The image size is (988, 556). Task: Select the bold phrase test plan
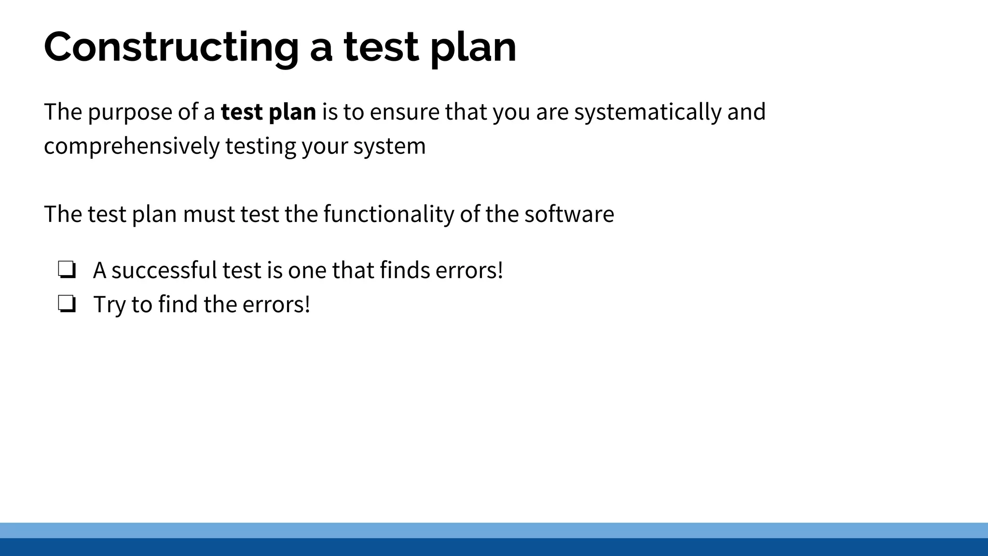coord(268,112)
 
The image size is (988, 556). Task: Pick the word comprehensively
coord(132,146)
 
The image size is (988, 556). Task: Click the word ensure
coord(404,112)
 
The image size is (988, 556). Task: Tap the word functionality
coord(388,214)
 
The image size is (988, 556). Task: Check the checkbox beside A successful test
coord(67,270)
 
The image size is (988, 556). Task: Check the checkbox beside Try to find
coord(67,304)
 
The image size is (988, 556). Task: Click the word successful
coord(164,270)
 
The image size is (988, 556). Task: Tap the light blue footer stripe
coord(494,530)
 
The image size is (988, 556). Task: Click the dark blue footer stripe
coord(494,547)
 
